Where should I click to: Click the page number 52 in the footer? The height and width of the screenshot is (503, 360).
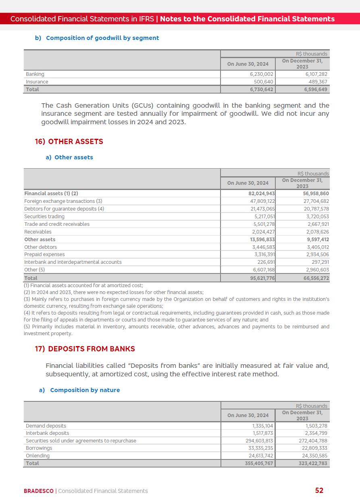click(x=319, y=490)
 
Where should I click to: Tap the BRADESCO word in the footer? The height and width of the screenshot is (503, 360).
click(x=38, y=491)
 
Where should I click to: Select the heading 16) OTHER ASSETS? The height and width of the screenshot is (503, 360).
click(x=69, y=142)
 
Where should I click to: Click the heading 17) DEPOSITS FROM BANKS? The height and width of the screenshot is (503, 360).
click(x=85, y=349)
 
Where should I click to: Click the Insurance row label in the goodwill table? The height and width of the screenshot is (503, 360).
click(x=37, y=82)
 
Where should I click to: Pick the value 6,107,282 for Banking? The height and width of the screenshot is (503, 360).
click(x=316, y=74)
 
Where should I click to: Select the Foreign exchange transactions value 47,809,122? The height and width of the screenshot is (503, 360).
click(x=262, y=201)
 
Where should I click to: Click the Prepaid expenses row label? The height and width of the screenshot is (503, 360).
click(x=44, y=255)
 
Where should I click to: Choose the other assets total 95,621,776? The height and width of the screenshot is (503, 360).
click(x=262, y=278)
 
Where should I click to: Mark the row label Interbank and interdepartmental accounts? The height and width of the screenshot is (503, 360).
click(x=73, y=262)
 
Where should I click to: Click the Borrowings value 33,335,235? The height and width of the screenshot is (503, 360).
click(x=259, y=448)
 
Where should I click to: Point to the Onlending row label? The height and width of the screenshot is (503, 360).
click(x=37, y=456)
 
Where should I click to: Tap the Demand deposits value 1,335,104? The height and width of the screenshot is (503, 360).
click(x=262, y=426)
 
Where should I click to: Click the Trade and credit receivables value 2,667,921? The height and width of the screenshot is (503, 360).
click(x=318, y=224)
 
